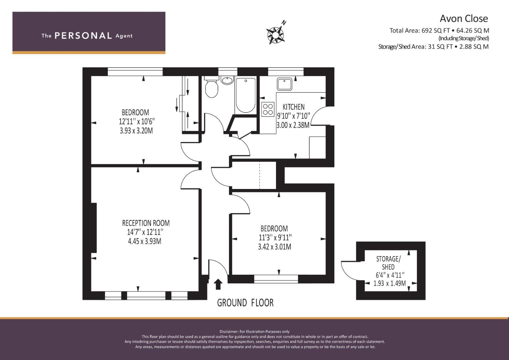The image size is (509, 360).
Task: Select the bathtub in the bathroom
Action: tap(246, 95)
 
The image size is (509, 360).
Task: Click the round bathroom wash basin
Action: tap(227, 80)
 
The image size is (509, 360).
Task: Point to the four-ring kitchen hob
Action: tap(268, 109)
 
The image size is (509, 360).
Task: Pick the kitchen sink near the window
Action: tap(284, 84)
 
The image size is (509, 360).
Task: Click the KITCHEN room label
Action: tap(294, 107)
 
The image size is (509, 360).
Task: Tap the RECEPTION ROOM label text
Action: tap(146, 223)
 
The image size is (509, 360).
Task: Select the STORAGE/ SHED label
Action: tap(388, 263)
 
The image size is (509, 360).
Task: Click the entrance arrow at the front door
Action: tap(218, 284)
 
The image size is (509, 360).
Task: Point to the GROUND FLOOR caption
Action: tap(245, 303)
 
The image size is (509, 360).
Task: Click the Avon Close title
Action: tap(464, 19)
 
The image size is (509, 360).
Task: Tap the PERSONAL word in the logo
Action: tap(83, 36)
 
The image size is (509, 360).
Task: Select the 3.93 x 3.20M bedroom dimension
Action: tap(136, 131)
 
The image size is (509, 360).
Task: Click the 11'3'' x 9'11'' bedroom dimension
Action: tap(275, 237)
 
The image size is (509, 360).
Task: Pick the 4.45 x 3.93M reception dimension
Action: tap(145, 241)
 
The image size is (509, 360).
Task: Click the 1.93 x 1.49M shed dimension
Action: tap(390, 283)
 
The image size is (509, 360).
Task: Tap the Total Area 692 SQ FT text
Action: tap(439, 30)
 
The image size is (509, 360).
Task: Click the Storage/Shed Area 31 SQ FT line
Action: tap(433, 47)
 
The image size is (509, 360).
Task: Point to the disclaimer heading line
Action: tap(255, 331)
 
